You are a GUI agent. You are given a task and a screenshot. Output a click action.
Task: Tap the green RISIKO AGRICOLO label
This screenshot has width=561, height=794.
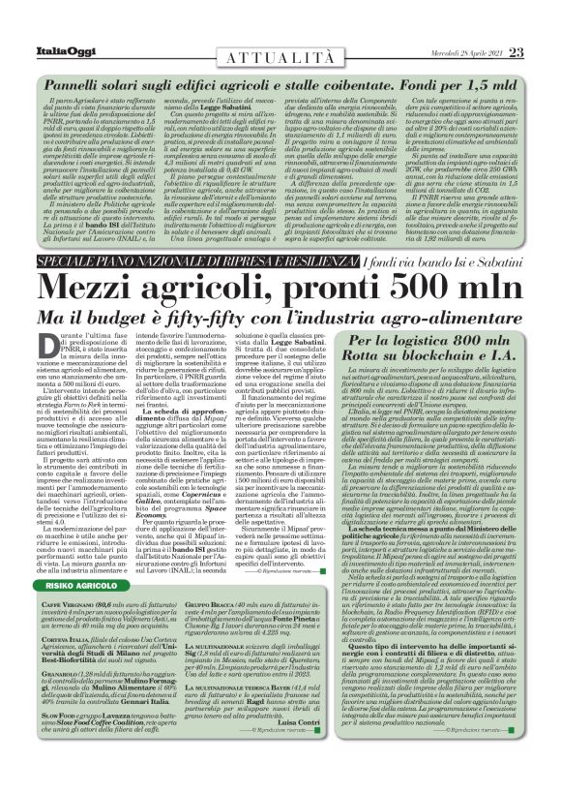point(78,586)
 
